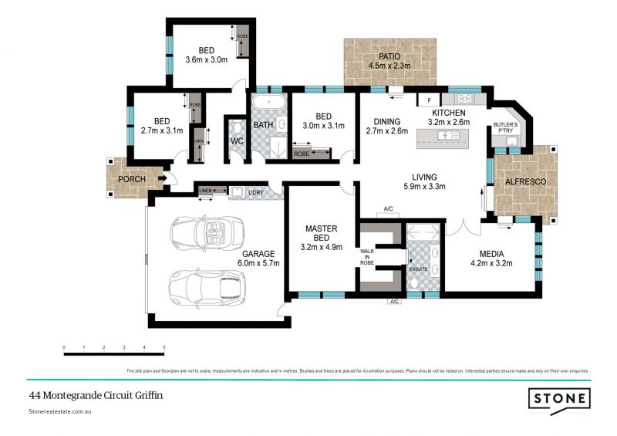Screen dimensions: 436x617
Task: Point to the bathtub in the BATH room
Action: [x=268, y=102]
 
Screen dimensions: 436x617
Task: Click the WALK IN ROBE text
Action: [x=368, y=257]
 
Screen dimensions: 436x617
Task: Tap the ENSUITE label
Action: [x=419, y=269]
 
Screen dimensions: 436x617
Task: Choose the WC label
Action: [x=237, y=141]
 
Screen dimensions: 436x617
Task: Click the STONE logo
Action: [x=559, y=399]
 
